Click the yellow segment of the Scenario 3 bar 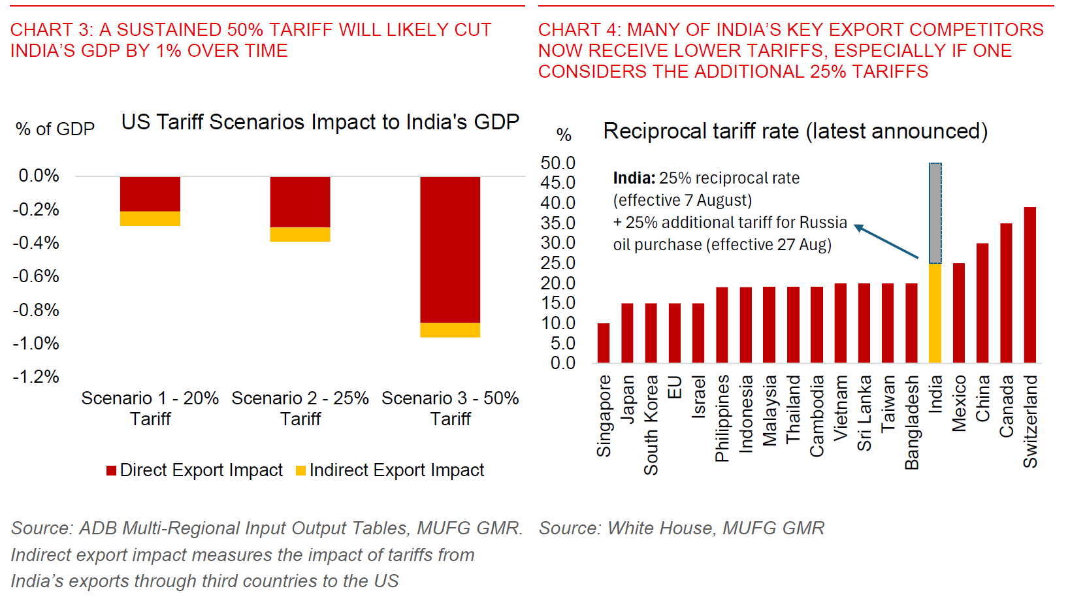[x=450, y=330]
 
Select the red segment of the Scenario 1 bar [x=150, y=194]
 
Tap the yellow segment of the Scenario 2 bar [x=300, y=234]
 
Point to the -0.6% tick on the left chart [x=36, y=276]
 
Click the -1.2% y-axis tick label [x=36, y=377]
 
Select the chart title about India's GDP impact [x=320, y=122]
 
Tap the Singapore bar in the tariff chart [x=604, y=343]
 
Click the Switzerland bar [x=1030, y=285]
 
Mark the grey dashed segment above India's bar [x=935, y=214]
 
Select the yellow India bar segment [x=935, y=314]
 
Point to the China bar [x=982, y=303]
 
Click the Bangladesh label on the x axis [x=912, y=422]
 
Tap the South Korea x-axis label [x=651, y=425]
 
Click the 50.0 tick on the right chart [x=558, y=163]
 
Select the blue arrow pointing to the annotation [x=886, y=241]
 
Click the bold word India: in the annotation [x=634, y=178]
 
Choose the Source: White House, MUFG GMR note [x=681, y=528]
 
